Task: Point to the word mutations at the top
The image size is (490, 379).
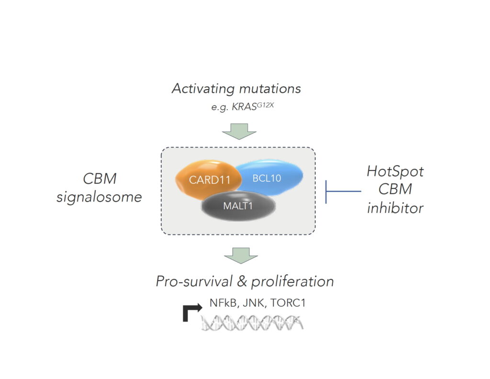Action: coord(273,89)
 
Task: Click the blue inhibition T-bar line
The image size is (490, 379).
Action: coord(343,191)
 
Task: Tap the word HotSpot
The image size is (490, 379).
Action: coord(396,171)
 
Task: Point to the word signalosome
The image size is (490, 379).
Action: coord(99,197)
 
